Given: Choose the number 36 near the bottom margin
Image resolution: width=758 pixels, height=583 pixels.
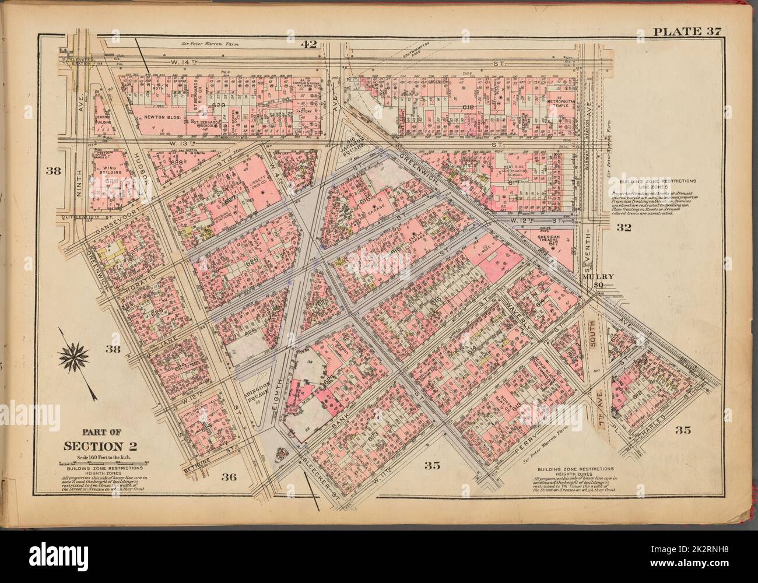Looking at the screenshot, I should click(229, 477).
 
